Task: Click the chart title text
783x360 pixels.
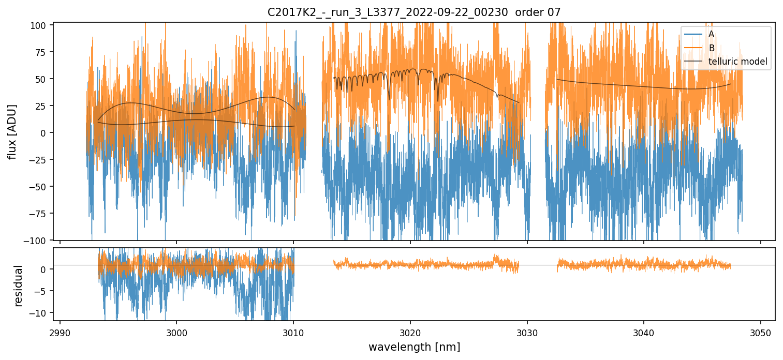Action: (x=414, y=12)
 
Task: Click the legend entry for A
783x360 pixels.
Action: (x=711, y=34)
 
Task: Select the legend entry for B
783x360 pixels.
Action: (x=711, y=48)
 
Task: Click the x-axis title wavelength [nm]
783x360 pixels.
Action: (x=414, y=347)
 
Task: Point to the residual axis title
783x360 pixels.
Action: (x=19, y=286)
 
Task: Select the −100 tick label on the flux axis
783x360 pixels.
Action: (x=38, y=241)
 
